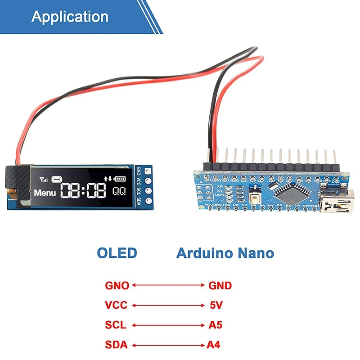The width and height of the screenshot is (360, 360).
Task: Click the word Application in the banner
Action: click(x=70, y=17)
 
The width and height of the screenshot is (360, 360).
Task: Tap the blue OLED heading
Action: click(x=117, y=253)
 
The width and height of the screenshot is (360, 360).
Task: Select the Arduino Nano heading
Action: click(x=225, y=253)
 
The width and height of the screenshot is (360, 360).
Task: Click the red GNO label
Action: click(x=117, y=285)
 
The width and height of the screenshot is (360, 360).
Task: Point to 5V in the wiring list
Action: click(x=216, y=306)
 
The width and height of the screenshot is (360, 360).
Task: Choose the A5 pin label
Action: click(x=215, y=325)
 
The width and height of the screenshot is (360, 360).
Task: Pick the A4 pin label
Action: click(x=214, y=345)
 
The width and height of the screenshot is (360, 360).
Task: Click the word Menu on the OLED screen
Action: click(x=45, y=193)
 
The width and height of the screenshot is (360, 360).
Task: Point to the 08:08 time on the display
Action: click(x=84, y=191)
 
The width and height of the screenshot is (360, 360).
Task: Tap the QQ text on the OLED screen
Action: click(x=119, y=191)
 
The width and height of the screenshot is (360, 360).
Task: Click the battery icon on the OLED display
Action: click(x=121, y=179)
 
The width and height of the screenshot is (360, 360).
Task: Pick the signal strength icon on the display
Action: click(x=44, y=180)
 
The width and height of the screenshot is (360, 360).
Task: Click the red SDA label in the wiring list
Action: click(x=117, y=345)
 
